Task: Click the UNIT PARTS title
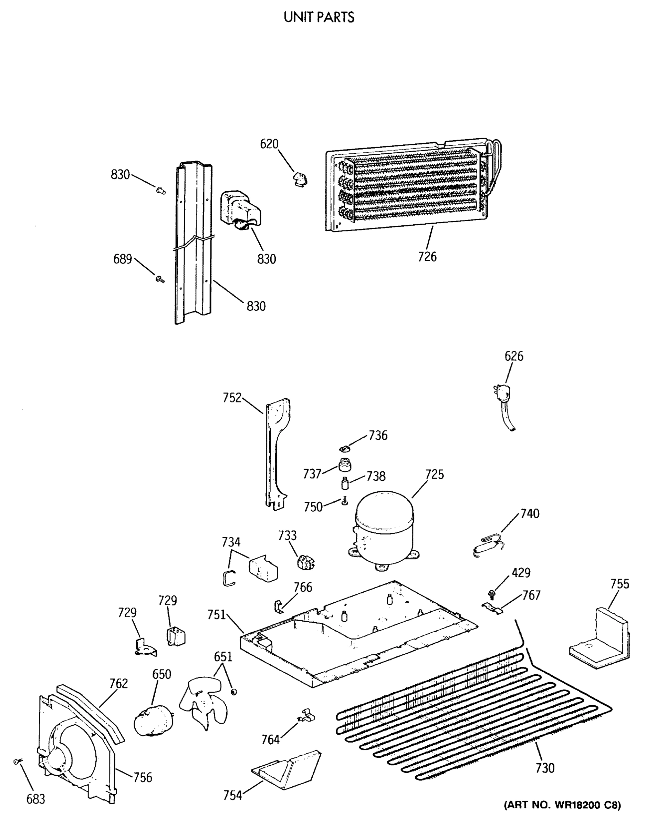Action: click(319, 17)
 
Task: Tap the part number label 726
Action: click(427, 257)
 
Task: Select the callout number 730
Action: click(545, 768)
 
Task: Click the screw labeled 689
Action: click(160, 279)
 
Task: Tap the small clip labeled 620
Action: click(299, 179)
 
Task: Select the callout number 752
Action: click(232, 398)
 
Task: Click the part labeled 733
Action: click(305, 563)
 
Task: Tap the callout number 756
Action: click(143, 777)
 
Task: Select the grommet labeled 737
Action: click(345, 466)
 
